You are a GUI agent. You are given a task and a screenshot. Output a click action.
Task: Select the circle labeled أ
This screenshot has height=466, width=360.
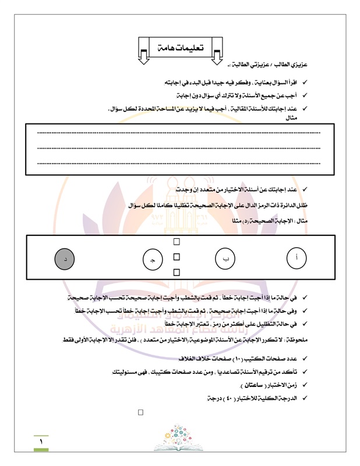pos(298,257)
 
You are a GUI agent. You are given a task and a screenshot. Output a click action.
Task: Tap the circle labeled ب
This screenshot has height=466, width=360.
pos(225,259)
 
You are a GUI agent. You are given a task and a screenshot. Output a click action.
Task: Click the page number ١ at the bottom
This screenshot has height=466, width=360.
pos(41,442)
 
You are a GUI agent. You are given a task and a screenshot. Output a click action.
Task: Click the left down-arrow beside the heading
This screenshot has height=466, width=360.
pos(143,54)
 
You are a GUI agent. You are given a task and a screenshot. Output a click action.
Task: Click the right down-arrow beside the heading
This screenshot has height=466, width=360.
pos(216,54)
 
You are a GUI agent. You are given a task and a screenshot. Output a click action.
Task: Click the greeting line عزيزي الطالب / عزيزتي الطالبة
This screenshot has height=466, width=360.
pos(278,63)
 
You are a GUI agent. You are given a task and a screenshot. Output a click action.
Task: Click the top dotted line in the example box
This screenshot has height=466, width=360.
pos(179,133)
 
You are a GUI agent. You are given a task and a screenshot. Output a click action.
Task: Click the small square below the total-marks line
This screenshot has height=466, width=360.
pos(140,413)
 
